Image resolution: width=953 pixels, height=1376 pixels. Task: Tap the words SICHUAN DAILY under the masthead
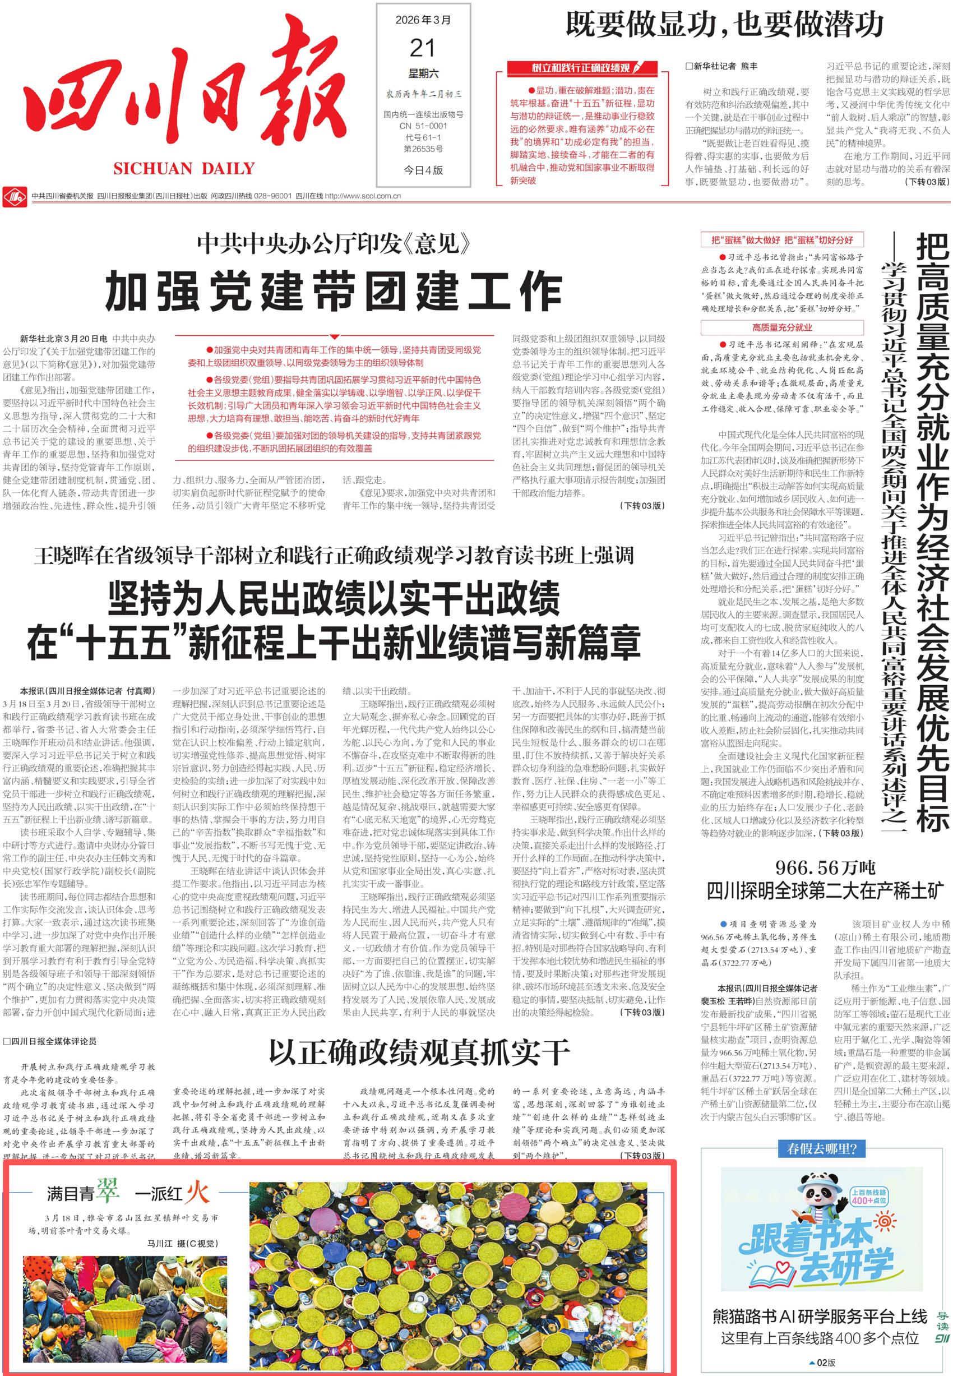[184, 168]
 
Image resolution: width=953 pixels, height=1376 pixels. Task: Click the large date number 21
[422, 48]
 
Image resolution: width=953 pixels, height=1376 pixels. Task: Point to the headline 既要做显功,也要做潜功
[724, 25]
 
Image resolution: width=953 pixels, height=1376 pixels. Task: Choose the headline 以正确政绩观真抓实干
[419, 1052]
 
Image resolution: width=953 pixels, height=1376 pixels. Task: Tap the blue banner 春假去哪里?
[822, 1148]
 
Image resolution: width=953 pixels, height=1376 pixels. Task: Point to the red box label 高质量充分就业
[781, 327]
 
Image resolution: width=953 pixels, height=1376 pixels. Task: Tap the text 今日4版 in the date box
[423, 170]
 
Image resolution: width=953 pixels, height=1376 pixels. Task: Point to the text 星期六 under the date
[423, 73]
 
